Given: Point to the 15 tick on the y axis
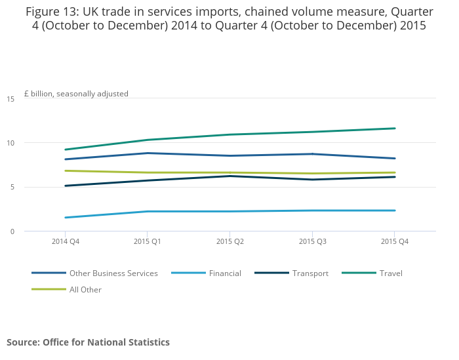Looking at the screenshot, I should (x=10, y=99).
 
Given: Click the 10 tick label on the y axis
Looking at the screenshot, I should (x=10, y=143).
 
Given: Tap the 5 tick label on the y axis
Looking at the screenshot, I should (x=11, y=188).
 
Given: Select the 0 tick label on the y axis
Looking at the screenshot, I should (x=11, y=231).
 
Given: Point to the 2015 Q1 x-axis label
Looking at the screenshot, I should (x=147, y=241).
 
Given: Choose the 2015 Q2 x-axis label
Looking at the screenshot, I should (x=229, y=241).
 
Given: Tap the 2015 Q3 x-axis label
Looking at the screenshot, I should (x=312, y=241).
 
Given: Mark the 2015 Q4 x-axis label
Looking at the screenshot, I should (x=394, y=241).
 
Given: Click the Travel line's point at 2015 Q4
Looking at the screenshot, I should (x=394, y=129).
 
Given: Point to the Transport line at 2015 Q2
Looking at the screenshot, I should (x=229, y=176).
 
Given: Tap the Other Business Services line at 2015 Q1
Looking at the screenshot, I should (x=147, y=153).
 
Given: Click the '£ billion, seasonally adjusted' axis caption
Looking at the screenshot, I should (x=76, y=94).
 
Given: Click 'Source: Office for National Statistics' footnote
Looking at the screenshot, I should (x=88, y=342).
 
